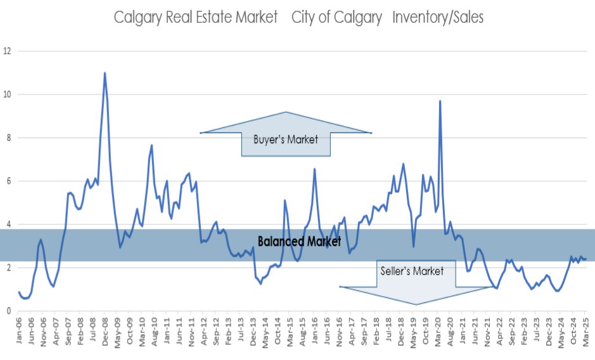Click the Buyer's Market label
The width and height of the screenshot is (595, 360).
coord(285,139)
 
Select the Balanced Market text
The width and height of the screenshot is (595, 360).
coord(299,241)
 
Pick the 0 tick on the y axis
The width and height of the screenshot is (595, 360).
coord(8,311)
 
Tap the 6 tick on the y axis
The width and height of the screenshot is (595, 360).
coord(8,181)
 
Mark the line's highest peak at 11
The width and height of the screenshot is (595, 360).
coord(105,73)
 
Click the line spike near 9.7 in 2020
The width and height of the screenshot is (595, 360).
coord(440,101)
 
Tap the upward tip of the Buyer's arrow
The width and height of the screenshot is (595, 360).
coord(286,113)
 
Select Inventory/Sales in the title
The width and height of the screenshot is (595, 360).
coord(438,17)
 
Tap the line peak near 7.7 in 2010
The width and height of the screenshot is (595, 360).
coord(152,145)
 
